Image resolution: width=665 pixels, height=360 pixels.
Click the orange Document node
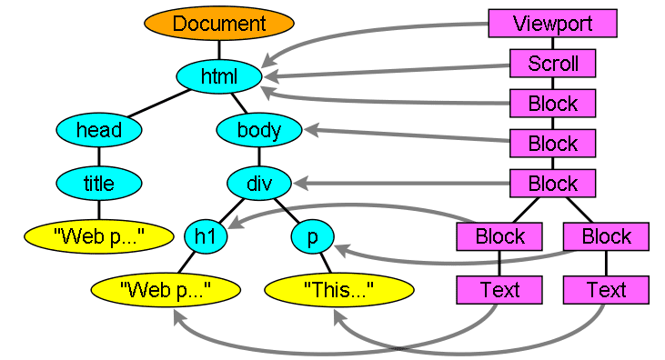pyautogui.click(x=218, y=24)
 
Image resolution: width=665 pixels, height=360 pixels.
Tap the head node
pyautogui.click(x=99, y=130)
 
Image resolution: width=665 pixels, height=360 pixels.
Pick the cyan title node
pyautogui.click(x=99, y=184)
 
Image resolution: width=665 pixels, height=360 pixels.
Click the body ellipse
pyautogui.click(x=259, y=130)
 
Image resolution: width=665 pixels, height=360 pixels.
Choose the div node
pyautogui.click(x=259, y=184)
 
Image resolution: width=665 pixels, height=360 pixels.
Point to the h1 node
pyautogui.click(x=206, y=237)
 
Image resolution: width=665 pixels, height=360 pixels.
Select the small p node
pyautogui.click(x=313, y=237)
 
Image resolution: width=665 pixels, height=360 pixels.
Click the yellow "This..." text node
pyautogui.click(x=339, y=290)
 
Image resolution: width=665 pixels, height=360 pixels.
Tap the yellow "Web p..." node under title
pyautogui.click(x=99, y=237)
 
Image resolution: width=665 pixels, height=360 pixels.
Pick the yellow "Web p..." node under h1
pyautogui.click(x=165, y=290)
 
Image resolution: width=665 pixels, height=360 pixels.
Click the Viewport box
pyautogui.click(x=552, y=24)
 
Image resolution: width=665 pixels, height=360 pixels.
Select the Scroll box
pyautogui.click(x=552, y=64)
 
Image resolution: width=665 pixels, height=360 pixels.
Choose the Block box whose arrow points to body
pyautogui.click(x=552, y=143)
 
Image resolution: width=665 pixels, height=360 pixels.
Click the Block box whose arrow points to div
pyautogui.click(x=552, y=184)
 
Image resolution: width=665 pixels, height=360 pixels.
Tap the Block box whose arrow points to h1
pyautogui.click(x=499, y=237)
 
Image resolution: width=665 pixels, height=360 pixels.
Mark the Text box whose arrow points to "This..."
pyautogui.click(x=606, y=290)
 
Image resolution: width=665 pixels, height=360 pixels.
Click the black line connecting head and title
pyautogui.click(x=99, y=157)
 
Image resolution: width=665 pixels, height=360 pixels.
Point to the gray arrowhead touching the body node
pyautogui.click(x=312, y=132)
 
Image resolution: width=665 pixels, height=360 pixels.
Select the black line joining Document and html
pyautogui.click(x=218, y=50)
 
